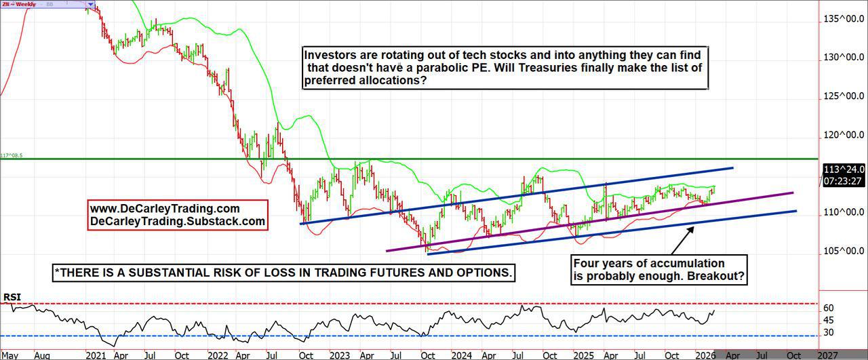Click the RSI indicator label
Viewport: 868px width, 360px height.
tap(12, 297)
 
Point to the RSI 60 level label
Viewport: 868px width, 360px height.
tap(828, 308)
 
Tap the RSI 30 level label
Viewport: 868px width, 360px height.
tap(828, 332)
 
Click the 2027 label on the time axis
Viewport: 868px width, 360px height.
tap(827, 355)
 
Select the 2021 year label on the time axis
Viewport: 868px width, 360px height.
tap(95, 355)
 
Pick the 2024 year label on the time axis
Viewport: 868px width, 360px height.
tap(462, 355)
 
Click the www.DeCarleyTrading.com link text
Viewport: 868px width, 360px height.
tap(165, 208)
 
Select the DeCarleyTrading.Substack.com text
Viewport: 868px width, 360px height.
tap(178, 221)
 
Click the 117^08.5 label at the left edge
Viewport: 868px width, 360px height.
tap(12, 155)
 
